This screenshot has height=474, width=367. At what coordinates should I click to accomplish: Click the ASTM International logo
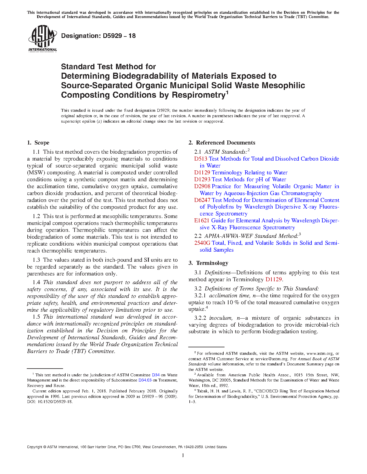[42, 38]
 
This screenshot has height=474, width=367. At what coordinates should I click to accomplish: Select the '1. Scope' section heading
[38, 143]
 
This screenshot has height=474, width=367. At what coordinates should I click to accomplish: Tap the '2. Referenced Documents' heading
[222, 143]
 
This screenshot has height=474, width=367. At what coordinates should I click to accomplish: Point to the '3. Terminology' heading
[208, 263]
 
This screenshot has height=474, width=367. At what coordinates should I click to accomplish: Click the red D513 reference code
[201, 159]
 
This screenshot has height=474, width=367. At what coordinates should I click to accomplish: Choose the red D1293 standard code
[202, 180]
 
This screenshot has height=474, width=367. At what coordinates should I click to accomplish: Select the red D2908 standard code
[202, 186]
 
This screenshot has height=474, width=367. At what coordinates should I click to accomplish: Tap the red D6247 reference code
[202, 200]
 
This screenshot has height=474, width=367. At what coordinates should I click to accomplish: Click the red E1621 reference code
[202, 221]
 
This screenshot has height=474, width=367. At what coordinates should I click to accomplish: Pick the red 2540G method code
[202, 243]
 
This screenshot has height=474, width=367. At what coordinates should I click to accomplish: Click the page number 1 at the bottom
[183, 455]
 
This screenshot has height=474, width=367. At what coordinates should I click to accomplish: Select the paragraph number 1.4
[36, 282]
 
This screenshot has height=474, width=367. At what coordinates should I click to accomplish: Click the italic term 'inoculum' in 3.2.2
[220, 318]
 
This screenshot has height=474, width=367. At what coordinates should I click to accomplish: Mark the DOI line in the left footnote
[50, 402]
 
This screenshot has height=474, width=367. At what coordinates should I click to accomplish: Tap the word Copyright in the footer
[35, 447]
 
